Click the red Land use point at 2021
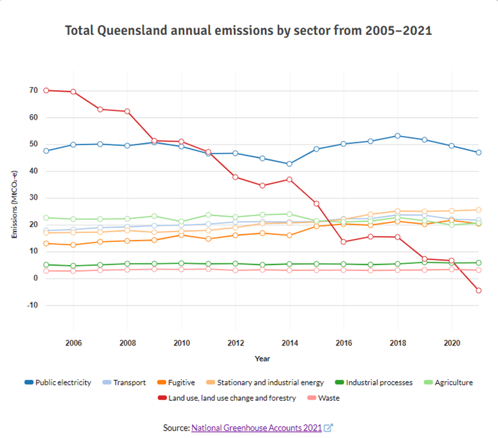[478, 290]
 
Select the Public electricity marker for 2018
[397, 136]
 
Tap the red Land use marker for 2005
[46, 90]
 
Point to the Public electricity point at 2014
[289, 164]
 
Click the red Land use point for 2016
[343, 242]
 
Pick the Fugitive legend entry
[181, 382]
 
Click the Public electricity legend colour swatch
[29, 382]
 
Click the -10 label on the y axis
[32, 305]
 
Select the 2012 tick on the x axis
[235, 343]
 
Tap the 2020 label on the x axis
[451, 343]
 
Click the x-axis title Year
[262, 359]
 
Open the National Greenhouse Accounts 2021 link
[256, 427]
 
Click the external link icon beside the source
[329, 427]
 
